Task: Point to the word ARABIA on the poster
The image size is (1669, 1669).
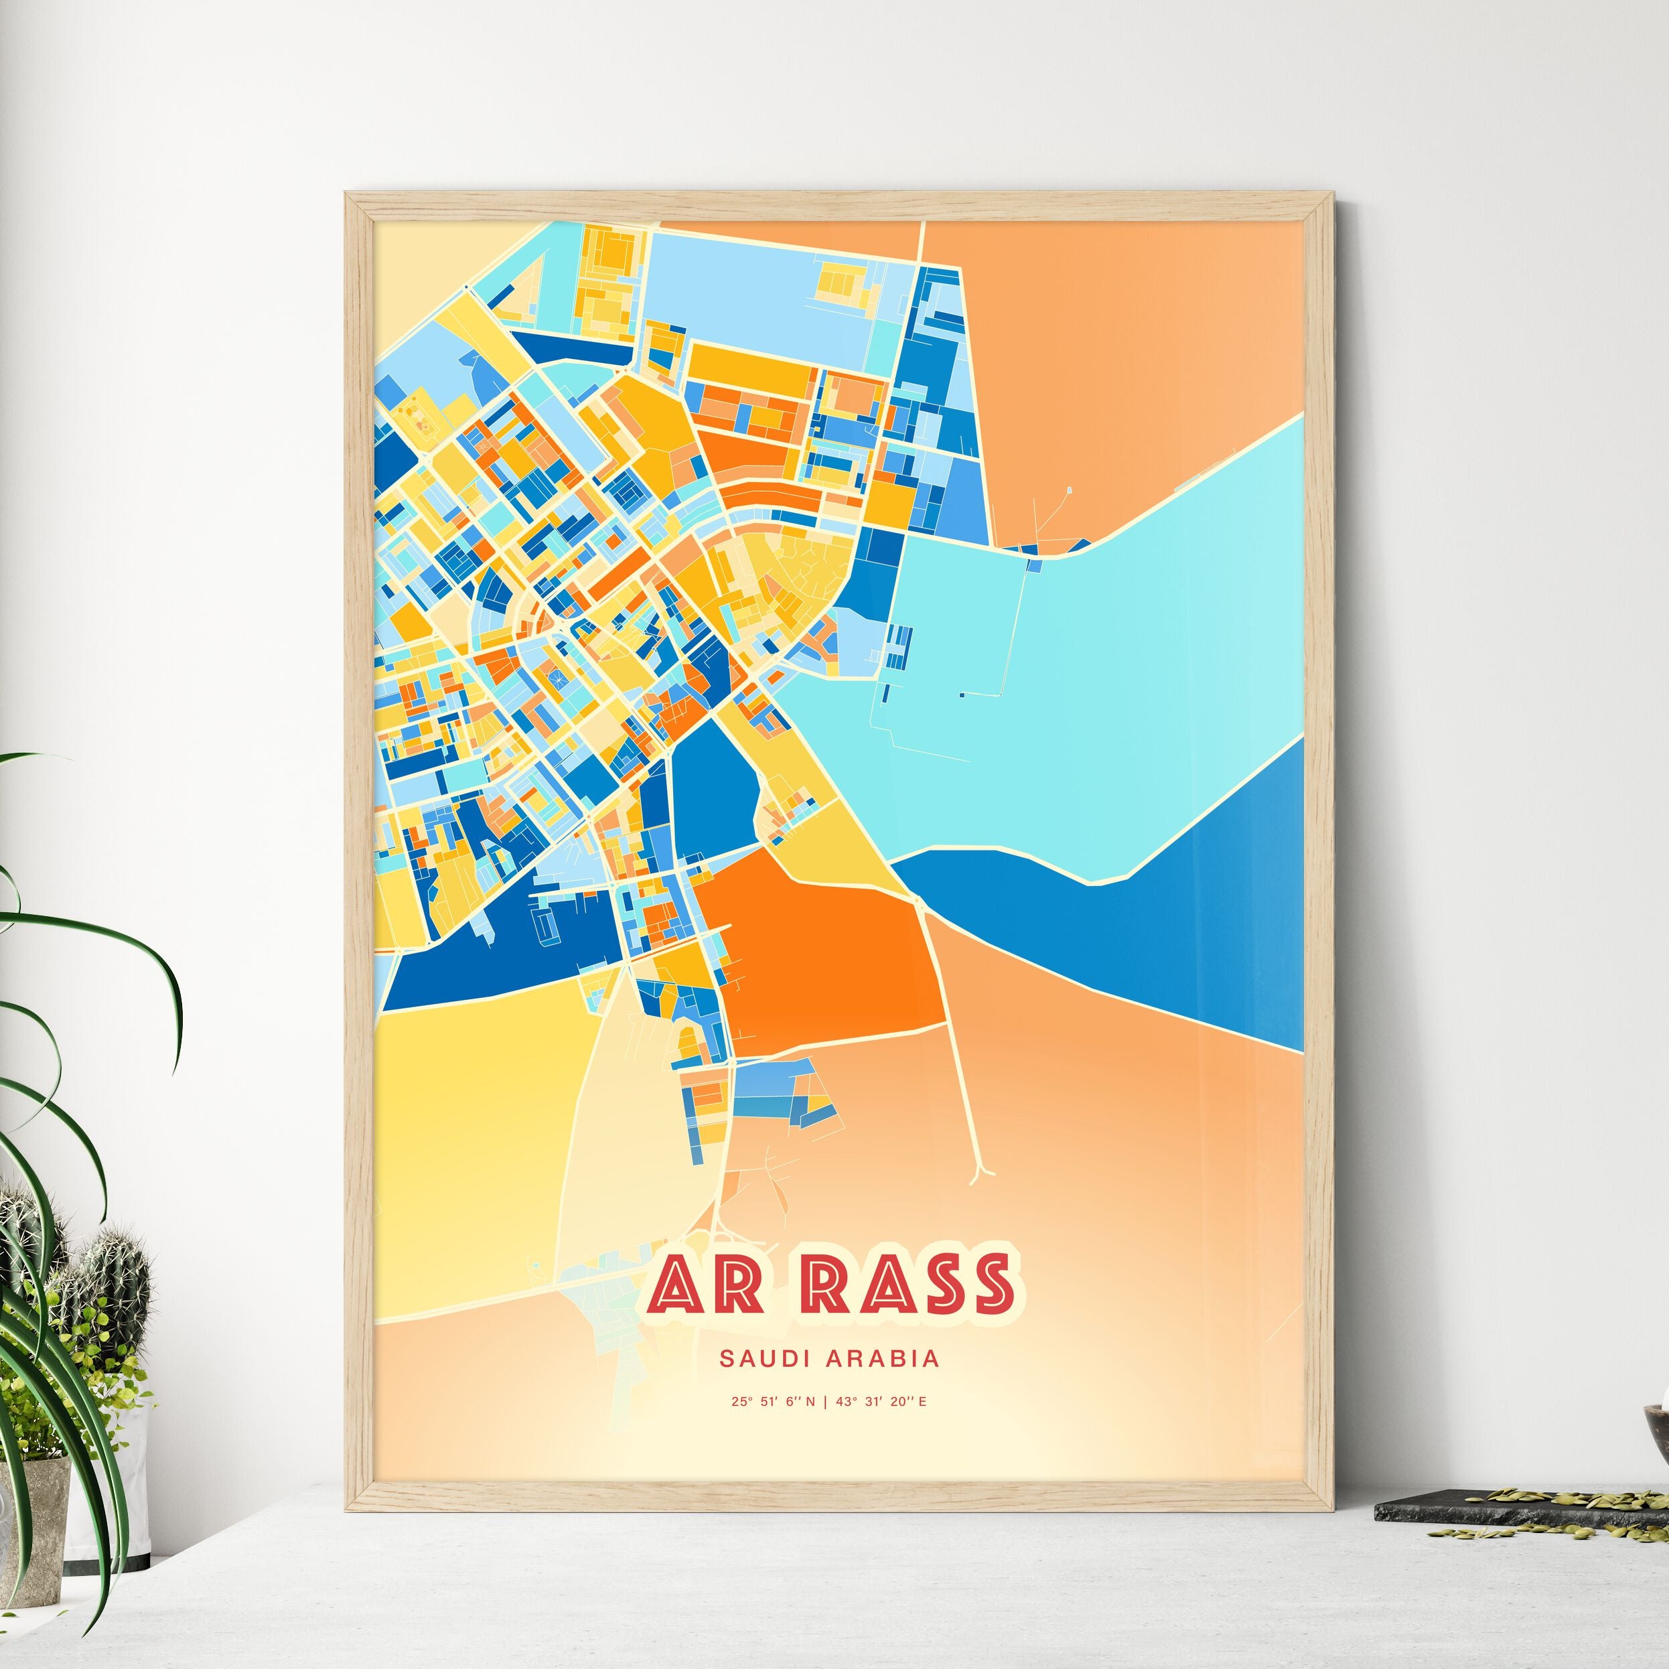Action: [882, 1359]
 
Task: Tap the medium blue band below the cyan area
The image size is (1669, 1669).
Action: [1166, 933]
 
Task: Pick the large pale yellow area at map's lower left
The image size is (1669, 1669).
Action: [467, 1123]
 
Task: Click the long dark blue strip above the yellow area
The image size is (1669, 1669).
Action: [501, 959]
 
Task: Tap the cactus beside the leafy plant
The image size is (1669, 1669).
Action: [113, 1296]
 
